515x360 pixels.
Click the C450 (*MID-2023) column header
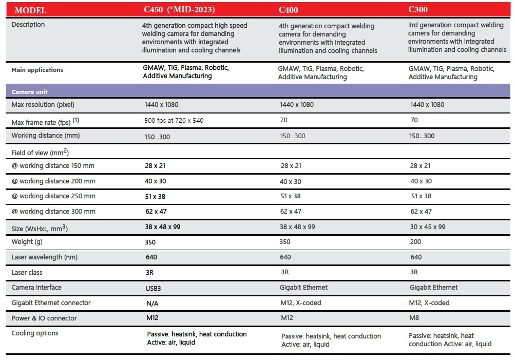[179, 10]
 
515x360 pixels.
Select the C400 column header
[289, 10]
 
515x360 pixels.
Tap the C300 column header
[418, 10]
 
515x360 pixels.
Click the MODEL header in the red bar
[30, 10]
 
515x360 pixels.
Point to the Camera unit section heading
[30, 92]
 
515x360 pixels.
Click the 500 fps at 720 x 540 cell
[174, 121]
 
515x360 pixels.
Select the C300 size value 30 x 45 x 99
[428, 226]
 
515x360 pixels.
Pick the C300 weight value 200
[415, 242]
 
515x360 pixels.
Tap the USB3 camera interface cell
[154, 289]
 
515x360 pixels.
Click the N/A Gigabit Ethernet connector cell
[152, 304]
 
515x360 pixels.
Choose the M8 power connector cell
[414, 317]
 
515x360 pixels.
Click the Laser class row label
[27, 273]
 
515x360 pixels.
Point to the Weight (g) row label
[27, 242]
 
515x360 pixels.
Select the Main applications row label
[37, 70]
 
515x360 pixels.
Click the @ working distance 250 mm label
[53, 196]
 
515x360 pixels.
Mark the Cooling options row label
[35, 333]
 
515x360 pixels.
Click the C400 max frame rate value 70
[284, 120]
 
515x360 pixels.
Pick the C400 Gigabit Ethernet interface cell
[303, 288]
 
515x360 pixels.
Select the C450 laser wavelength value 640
[151, 257]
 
